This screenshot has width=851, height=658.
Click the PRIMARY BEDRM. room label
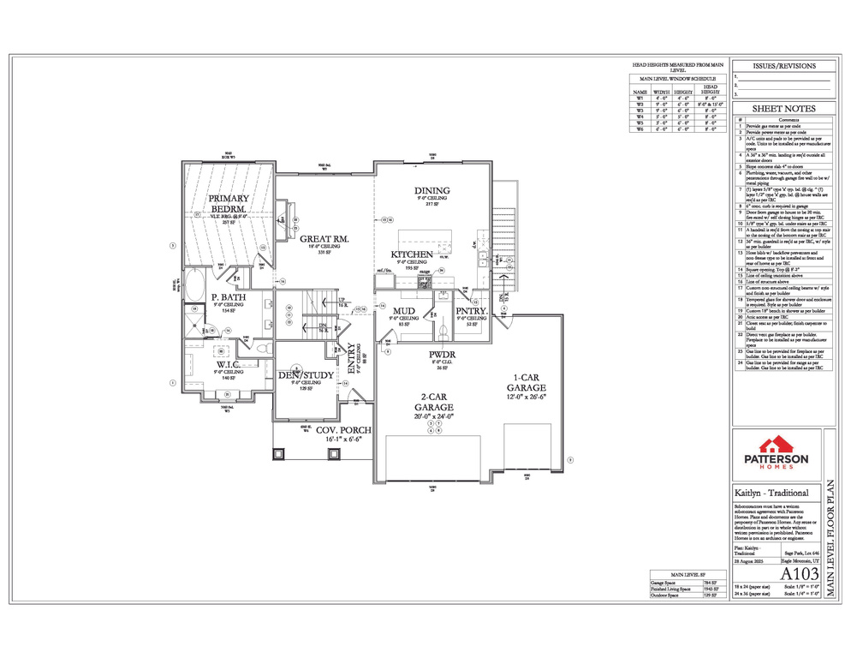click(x=228, y=203)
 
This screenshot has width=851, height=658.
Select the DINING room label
click(x=431, y=190)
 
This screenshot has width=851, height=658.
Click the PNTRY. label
click(x=472, y=311)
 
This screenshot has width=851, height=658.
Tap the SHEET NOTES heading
click(x=783, y=109)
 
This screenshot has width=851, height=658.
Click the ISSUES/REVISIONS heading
click(x=783, y=66)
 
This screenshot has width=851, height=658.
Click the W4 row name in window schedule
click(x=639, y=117)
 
